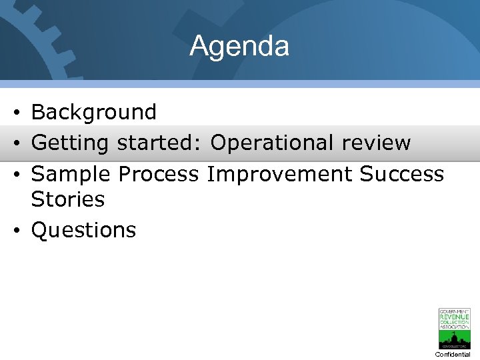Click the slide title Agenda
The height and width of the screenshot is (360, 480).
pos(239,46)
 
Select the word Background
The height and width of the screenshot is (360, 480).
pos(94,112)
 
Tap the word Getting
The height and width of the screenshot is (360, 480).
pos(71,143)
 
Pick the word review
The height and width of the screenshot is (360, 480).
pos(375,143)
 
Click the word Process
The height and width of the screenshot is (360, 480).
pos(159,174)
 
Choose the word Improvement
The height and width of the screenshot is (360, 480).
pos(279,174)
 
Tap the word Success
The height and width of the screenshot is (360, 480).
pos(401,174)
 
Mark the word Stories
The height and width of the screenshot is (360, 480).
pos(68,199)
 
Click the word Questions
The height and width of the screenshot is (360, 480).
pos(84,230)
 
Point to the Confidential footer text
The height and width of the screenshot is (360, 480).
pos(453,355)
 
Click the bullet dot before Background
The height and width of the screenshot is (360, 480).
pos(16,113)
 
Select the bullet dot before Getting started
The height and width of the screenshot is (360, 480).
pos(16,143)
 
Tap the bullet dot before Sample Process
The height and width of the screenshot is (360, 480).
pos(16,175)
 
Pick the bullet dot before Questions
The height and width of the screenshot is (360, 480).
pos(16,231)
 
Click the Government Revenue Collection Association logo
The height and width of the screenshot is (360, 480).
pos(454,328)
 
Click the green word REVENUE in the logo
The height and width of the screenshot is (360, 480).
pos(454,317)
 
